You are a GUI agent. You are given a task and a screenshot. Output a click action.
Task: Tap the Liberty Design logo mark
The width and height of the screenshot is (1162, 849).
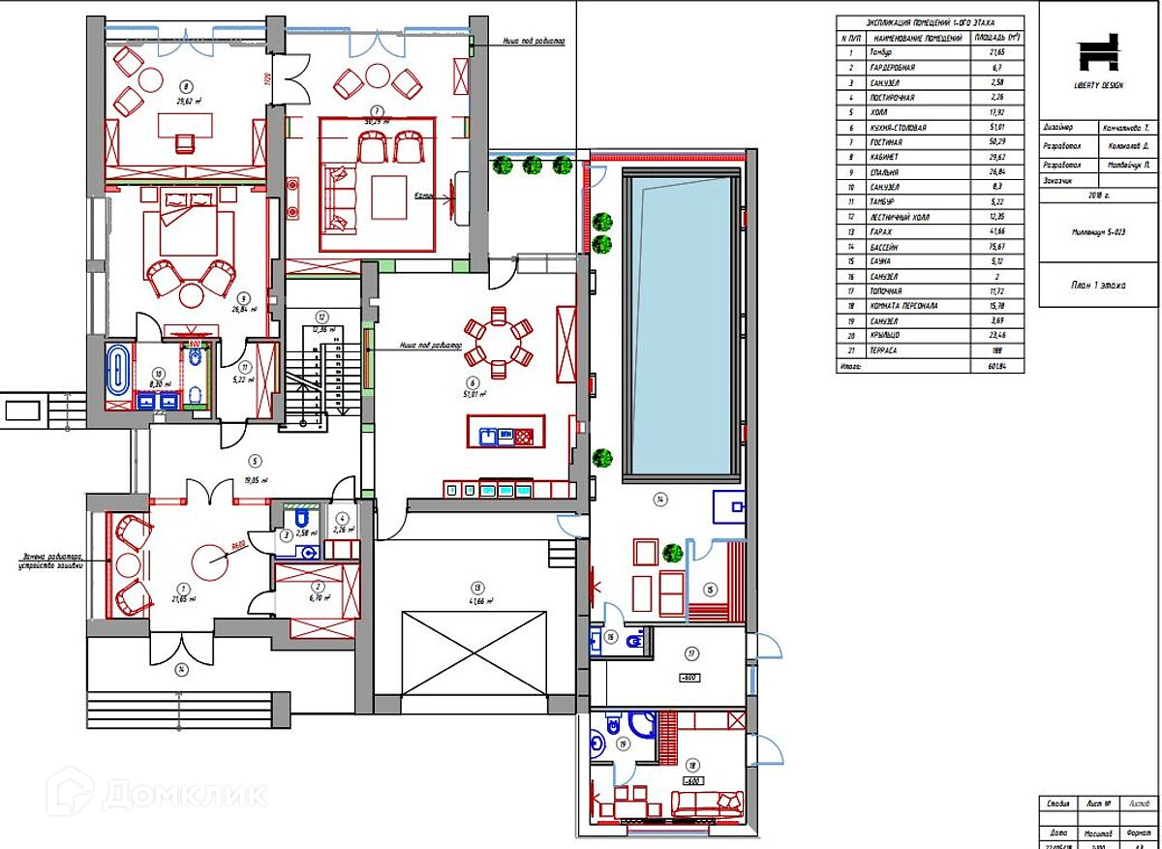(1098, 53)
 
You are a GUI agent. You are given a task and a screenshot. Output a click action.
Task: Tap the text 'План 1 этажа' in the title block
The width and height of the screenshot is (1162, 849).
(1098, 286)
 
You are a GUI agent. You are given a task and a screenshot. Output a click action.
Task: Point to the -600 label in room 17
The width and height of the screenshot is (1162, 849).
(688, 679)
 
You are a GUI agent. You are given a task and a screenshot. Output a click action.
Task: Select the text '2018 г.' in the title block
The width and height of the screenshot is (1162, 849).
(1098, 195)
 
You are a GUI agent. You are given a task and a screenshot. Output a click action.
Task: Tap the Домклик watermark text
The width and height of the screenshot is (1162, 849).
(184, 794)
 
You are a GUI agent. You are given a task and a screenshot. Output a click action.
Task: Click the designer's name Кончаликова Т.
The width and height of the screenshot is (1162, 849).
(1127, 127)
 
